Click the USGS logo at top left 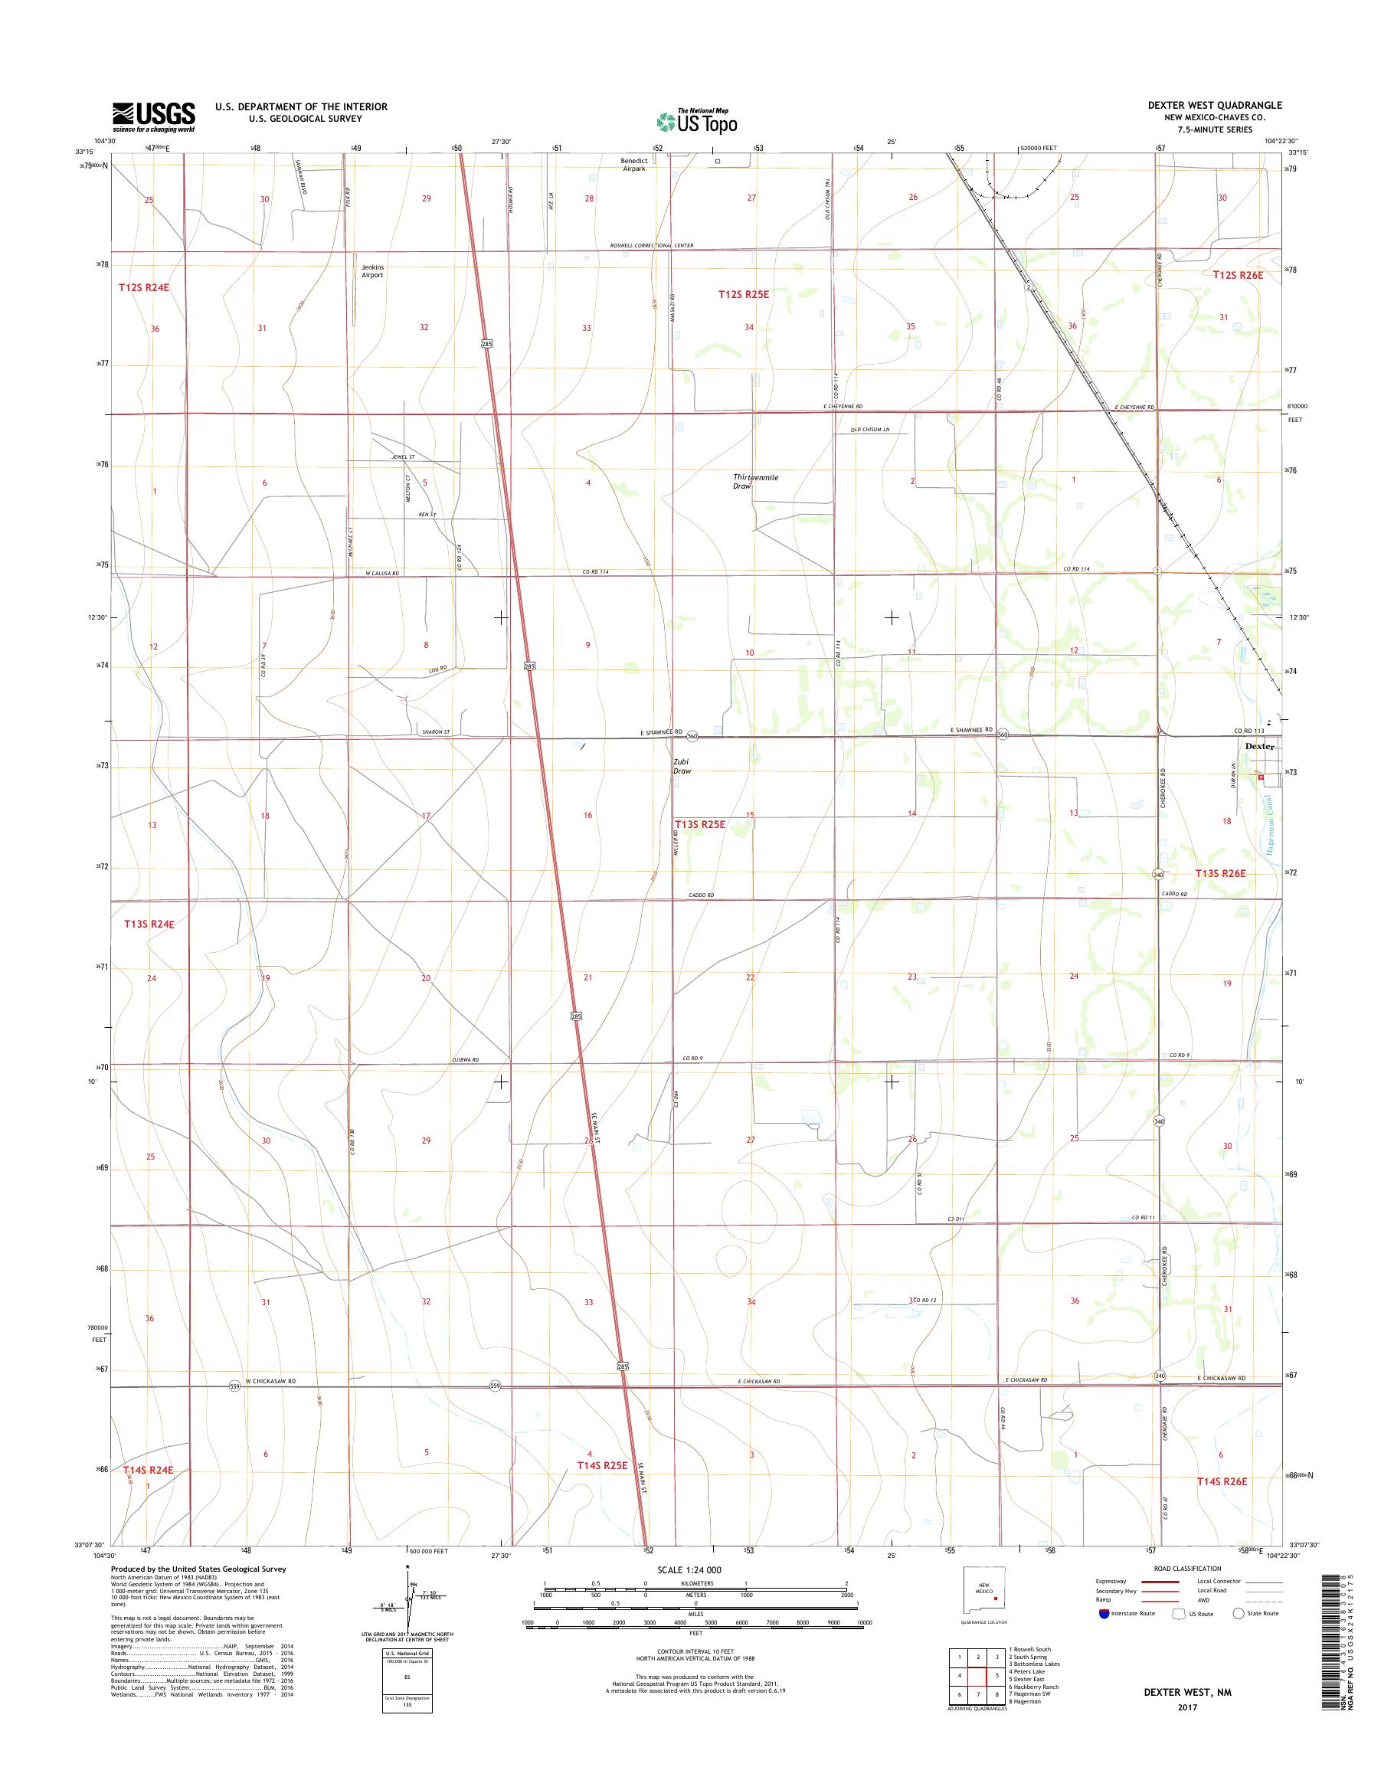click(x=153, y=116)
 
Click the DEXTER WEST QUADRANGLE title click(x=1210, y=105)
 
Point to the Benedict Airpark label click(x=633, y=165)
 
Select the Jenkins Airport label click(x=372, y=271)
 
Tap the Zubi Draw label click(x=682, y=766)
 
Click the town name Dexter click(x=1259, y=746)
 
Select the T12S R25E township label click(x=743, y=293)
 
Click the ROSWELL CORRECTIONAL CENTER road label click(x=651, y=246)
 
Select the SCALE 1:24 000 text click(x=689, y=1569)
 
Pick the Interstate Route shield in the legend click(x=1104, y=1614)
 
